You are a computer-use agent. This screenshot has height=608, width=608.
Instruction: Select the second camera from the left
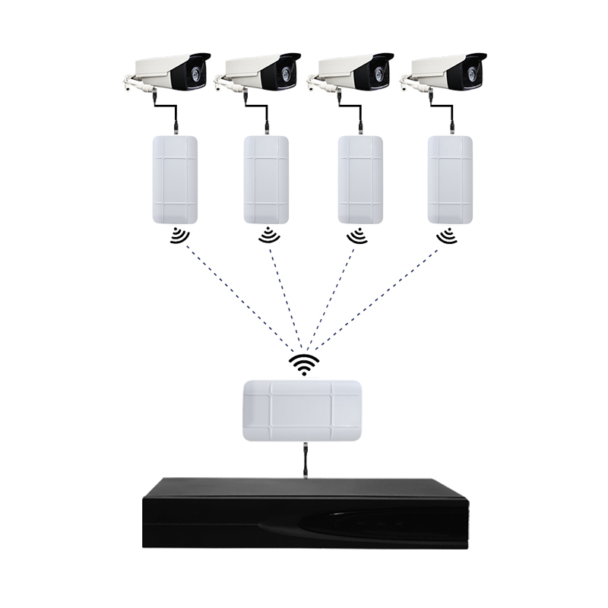[x=258, y=73]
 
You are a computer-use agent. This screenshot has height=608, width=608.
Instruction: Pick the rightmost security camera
[x=445, y=73]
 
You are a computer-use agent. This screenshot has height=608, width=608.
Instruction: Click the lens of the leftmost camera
[x=197, y=73]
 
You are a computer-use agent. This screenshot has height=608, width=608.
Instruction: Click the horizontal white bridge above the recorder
[x=305, y=410]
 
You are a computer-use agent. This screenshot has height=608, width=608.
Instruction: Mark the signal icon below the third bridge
[x=357, y=237]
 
